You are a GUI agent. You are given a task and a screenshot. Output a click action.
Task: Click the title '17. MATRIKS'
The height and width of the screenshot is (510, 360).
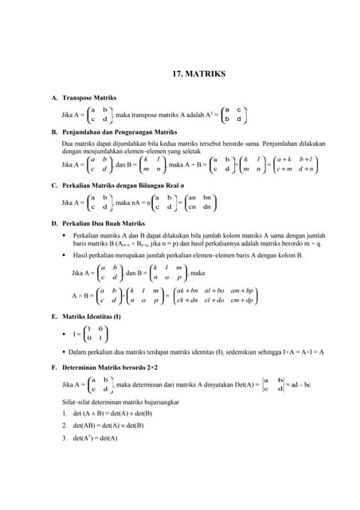pos(199,74)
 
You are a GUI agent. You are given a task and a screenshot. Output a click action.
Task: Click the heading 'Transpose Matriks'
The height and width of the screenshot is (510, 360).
pos(89,99)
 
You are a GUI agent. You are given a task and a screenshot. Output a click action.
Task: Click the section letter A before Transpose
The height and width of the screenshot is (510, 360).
pos(54,99)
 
